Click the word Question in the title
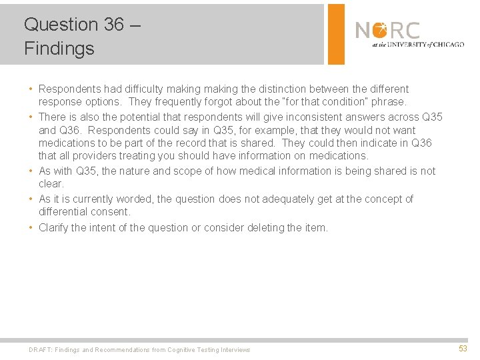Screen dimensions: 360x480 click(x=61, y=25)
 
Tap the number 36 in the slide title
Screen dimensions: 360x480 click(x=113, y=25)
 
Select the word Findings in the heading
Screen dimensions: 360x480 click(x=59, y=49)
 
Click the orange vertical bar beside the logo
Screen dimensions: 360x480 click(x=337, y=34)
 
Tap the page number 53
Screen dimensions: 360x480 click(x=463, y=349)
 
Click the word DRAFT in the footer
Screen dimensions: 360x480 click(x=40, y=350)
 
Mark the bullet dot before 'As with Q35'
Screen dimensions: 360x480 click(x=31, y=171)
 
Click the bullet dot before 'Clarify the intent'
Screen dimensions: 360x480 click(x=31, y=228)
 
